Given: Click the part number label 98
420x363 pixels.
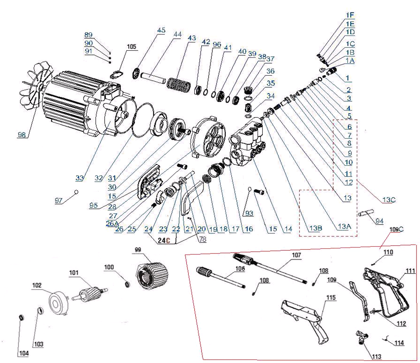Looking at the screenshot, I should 22,134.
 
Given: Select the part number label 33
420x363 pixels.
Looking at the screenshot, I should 81,178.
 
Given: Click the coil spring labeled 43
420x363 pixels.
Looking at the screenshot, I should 178,85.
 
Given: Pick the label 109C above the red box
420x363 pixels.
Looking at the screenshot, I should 396,229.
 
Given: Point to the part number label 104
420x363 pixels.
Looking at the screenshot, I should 24,353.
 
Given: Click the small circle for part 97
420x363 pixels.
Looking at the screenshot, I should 76,191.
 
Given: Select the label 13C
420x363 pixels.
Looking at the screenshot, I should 389,200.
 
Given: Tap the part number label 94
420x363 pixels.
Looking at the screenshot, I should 379,221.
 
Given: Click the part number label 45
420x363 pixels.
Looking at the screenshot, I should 161,30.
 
